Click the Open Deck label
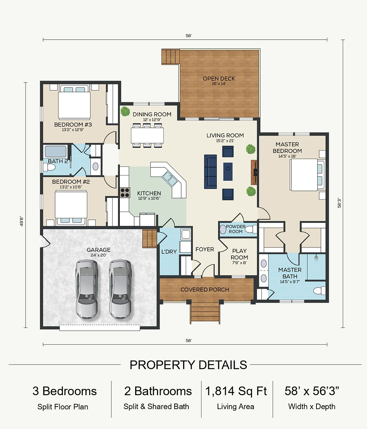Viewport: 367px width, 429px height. [219, 78]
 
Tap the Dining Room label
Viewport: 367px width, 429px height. [152, 114]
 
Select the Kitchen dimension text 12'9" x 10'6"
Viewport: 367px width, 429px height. [149, 198]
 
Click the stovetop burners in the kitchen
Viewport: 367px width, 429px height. [125, 192]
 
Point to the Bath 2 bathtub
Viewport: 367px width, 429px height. [55, 151]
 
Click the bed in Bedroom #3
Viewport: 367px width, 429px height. [74, 102]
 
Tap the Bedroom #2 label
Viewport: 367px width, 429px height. [71, 181]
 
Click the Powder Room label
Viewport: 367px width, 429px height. [236, 229]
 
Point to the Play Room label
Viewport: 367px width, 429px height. [239, 254]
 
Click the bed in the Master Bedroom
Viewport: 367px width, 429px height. [307, 175]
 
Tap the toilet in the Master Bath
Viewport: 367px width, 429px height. [319, 291]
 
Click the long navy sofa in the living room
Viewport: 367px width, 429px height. [210, 171]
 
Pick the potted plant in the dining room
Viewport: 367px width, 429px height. [125, 111]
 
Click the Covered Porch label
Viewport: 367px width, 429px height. [205, 289]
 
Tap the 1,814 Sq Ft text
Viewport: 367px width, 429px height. [236, 391]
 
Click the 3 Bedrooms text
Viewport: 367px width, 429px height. [64, 391]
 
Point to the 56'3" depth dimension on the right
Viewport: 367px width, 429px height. [339, 203]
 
